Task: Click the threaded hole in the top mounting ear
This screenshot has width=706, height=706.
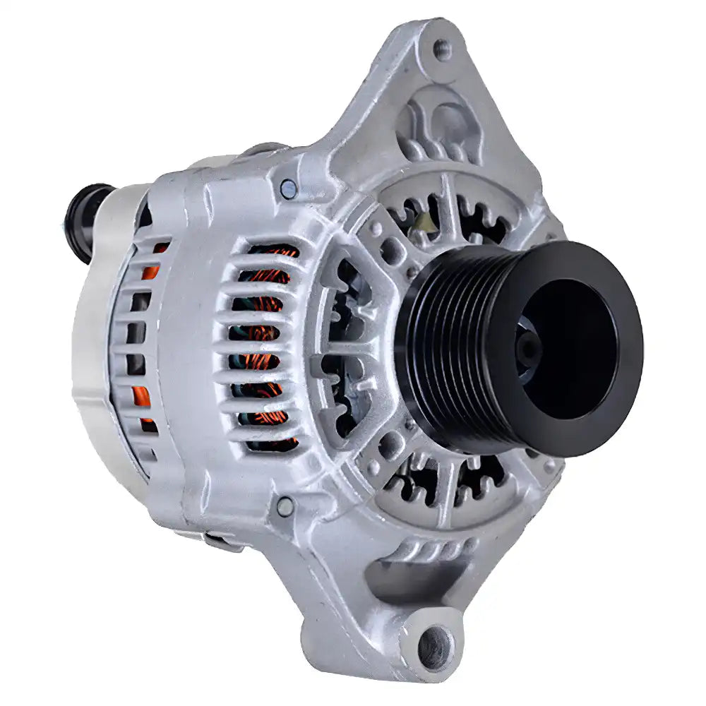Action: [442, 49]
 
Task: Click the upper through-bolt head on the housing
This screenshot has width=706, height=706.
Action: [288, 189]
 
